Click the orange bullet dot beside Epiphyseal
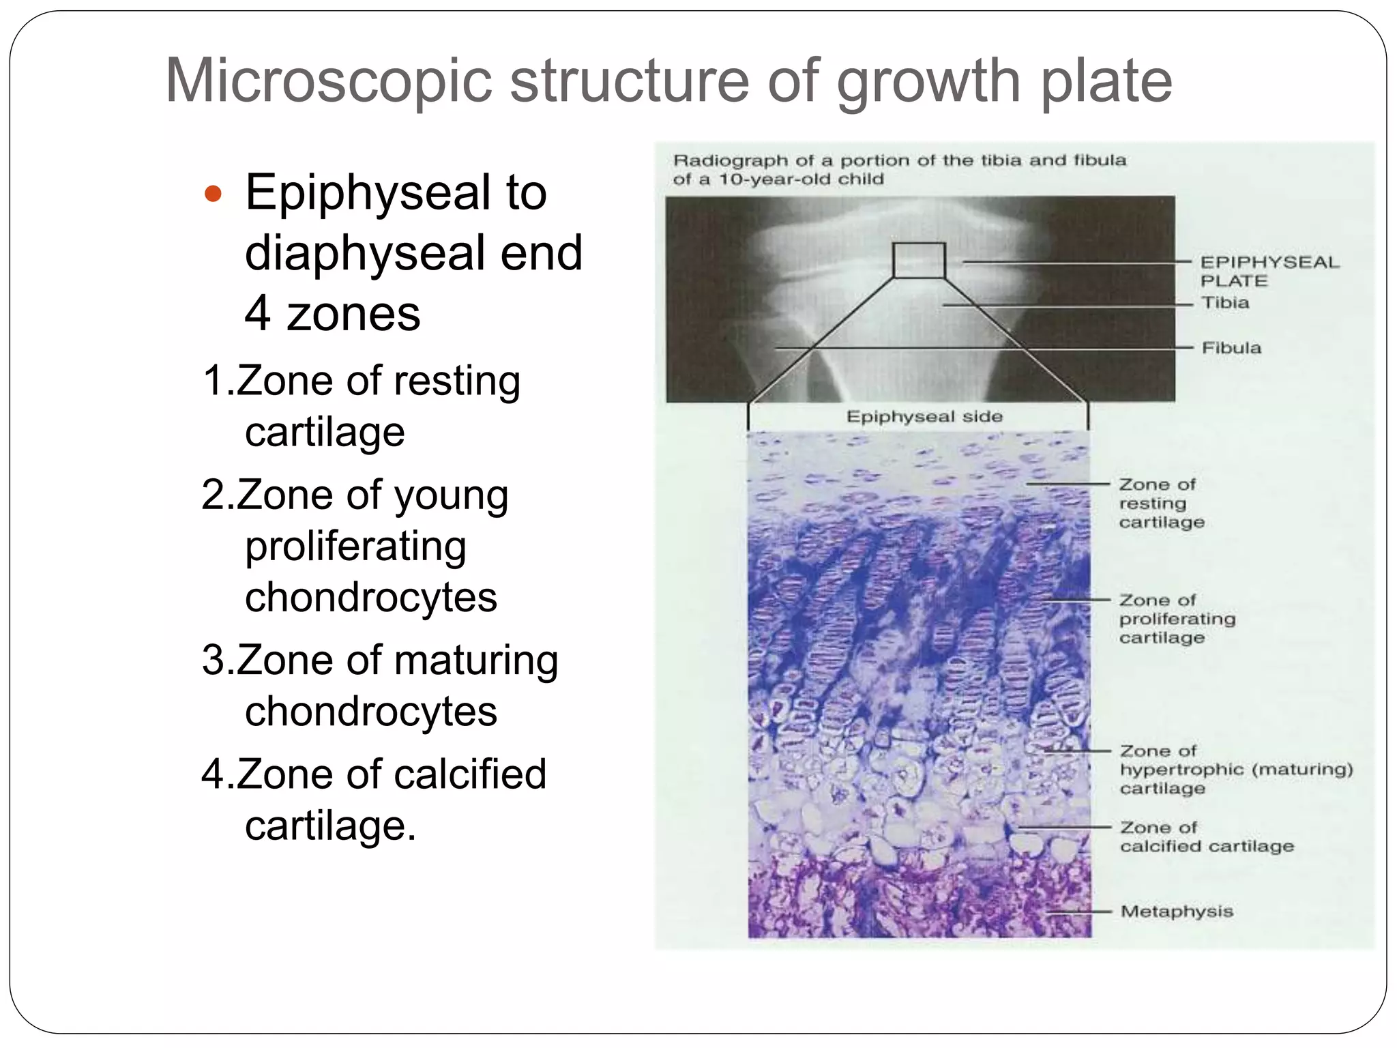[214, 194]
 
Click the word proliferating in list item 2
[355, 547]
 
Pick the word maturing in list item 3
[475, 660]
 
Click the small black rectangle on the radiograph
[919, 260]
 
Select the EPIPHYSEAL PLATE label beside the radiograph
[1269, 271]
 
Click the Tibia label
[1225, 302]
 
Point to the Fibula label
[1231, 347]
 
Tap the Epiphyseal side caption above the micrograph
[924, 416]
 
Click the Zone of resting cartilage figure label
[1160, 503]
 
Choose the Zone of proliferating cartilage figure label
[1177, 619]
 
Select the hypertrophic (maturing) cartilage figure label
[1235, 770]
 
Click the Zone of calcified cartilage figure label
[1206, 836]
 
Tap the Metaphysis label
[1177, 911]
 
